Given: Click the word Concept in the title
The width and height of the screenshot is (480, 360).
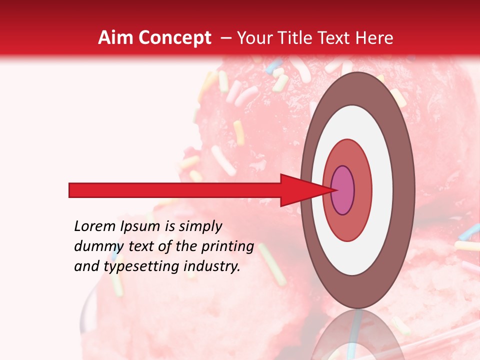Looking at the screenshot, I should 174,38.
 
